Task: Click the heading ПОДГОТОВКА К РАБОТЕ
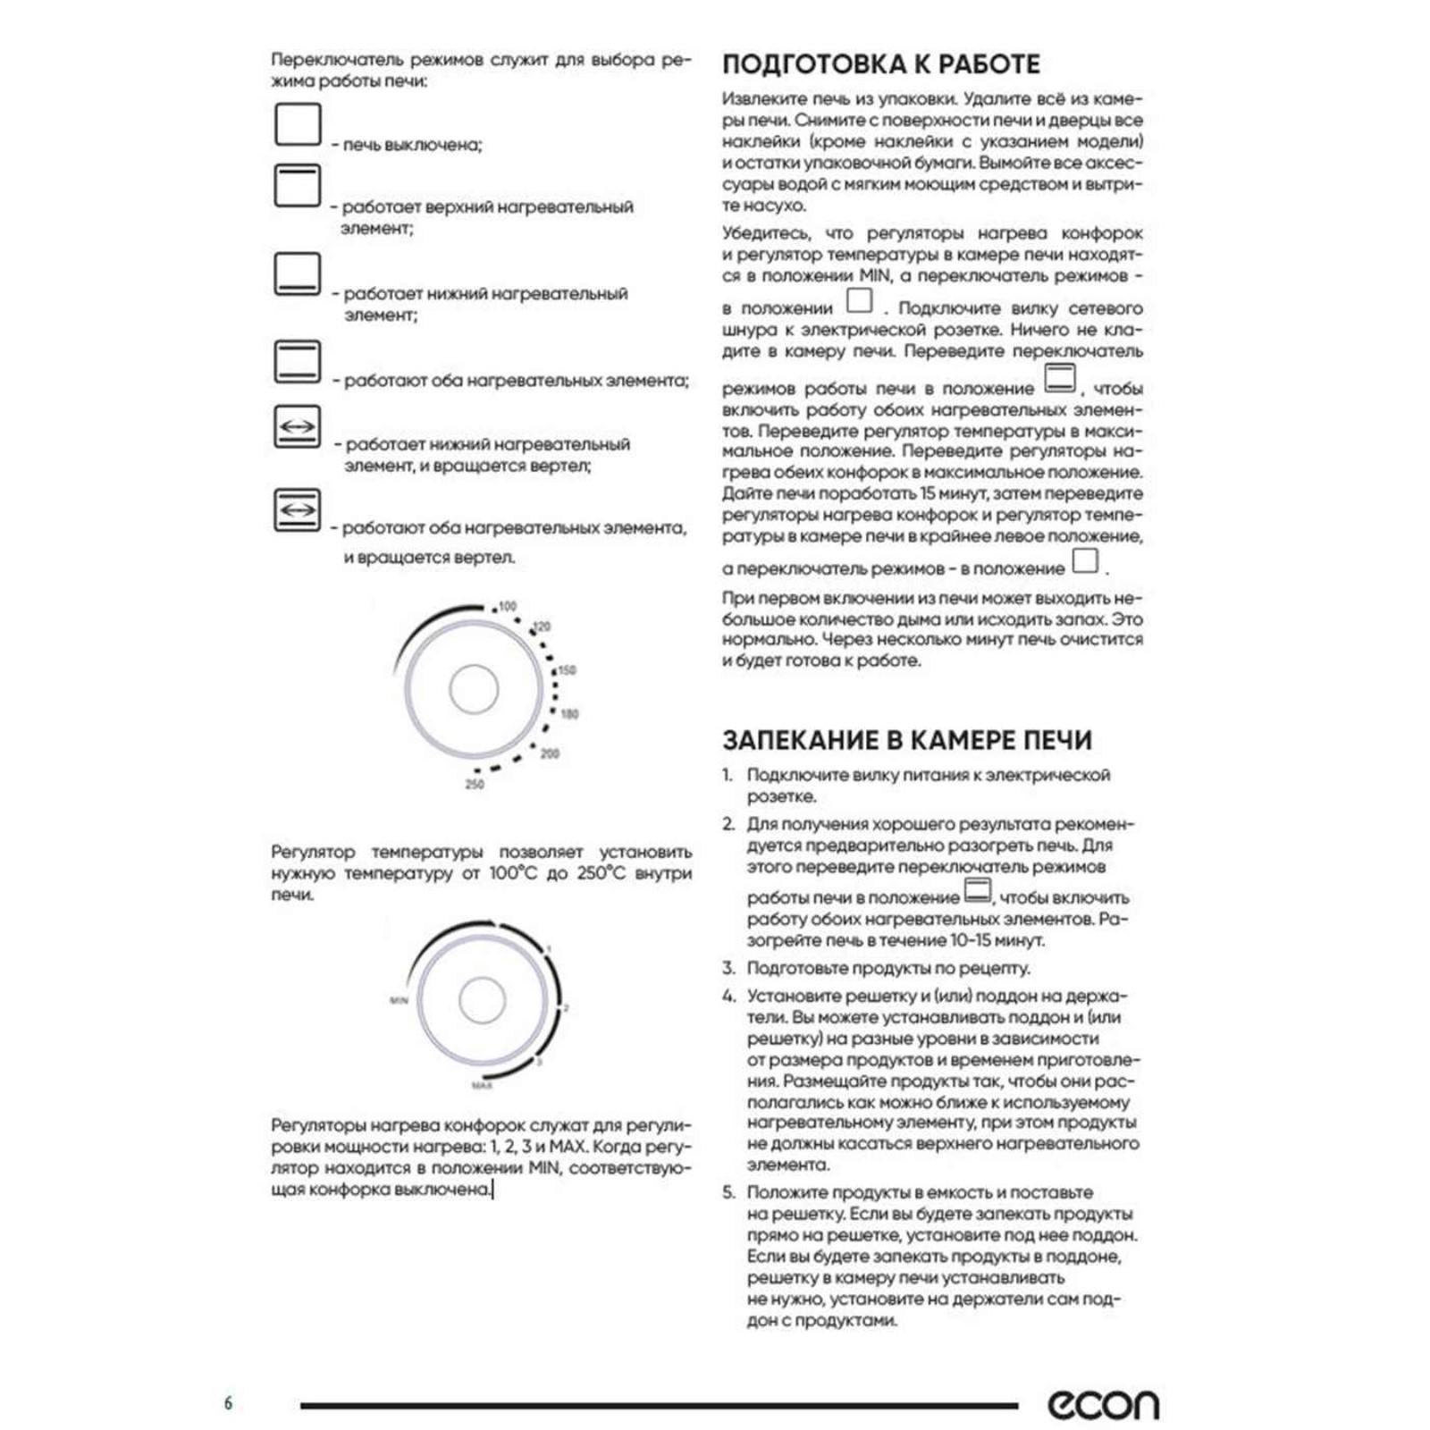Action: (x=880, y=64)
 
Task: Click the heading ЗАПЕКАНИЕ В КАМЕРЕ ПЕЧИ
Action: (x=906, y=740)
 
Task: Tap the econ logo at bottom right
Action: (x=1103, y=1404)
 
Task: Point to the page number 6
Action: (x=228, y=1403)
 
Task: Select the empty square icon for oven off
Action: (x=297, y=124)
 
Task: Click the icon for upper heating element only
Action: (x=297, y=186)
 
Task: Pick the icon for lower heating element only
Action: (x=297, y=273)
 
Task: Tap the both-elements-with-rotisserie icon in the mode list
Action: (x=297, y=509)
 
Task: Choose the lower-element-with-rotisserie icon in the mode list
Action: (x=297, y=427)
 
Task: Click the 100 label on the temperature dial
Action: (x=508, y=606)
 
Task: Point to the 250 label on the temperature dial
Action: (x=475, y=785)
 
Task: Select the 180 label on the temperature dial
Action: (x=569, y=713)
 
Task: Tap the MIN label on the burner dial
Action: (x=399, y=1000)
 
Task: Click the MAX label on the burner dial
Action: (x=482, y=1085)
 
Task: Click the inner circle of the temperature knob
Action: (x=474, y=689)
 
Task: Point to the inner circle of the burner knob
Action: (x=482, y=1000)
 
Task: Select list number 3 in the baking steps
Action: (x=728, y=968)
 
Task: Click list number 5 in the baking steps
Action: (x=728, y=1192)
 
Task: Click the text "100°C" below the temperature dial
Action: (x=513, y=873)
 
